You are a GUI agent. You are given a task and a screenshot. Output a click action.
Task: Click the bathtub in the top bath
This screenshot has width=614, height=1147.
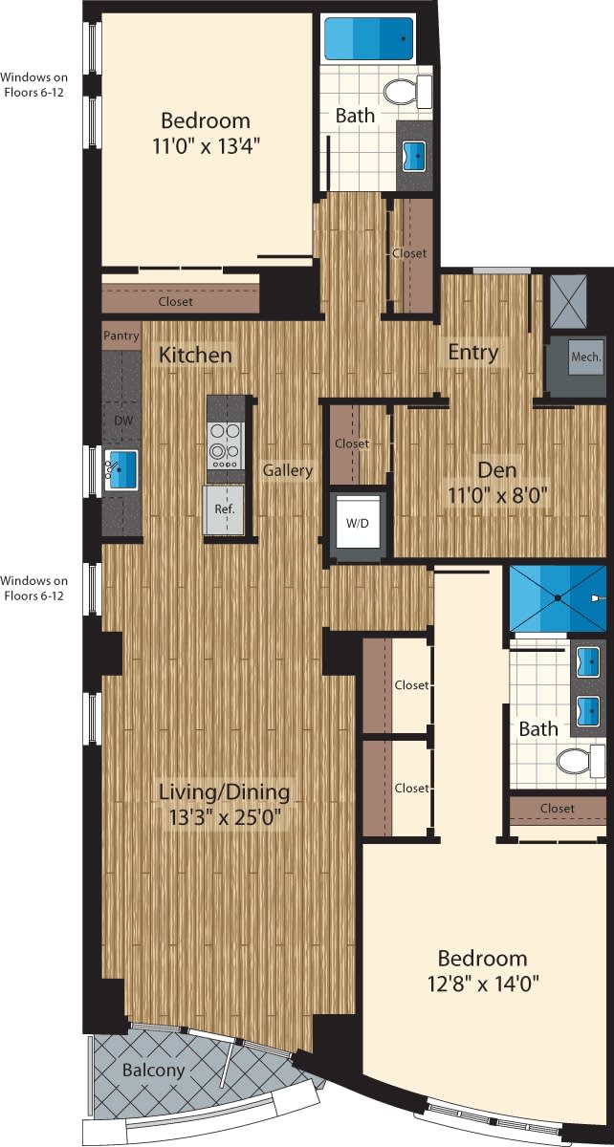(x=368, y=40)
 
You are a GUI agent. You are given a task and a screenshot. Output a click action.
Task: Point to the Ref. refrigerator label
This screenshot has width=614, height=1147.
(x=224, y=509)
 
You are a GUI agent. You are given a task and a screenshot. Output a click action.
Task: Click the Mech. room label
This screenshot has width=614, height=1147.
(x=585, y=357)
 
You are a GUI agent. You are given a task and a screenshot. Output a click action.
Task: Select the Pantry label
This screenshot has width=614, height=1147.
(x=121, y=335)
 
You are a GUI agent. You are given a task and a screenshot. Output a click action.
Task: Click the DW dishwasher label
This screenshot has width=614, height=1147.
(x=121, y=420)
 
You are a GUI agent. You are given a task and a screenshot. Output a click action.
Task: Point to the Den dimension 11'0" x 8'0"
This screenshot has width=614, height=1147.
(x=496, y=496)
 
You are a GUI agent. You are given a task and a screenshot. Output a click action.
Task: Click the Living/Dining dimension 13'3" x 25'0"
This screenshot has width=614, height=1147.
(x=224, y=817)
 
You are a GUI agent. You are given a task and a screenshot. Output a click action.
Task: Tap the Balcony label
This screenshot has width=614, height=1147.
(x=153, y=1070)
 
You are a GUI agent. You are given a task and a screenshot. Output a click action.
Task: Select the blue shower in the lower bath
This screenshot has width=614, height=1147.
(x=557, y=597)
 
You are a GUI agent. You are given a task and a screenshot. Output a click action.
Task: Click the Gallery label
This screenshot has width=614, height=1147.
(x=289, y=470)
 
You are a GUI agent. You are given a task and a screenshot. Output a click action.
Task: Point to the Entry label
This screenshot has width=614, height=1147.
(x=473, y=353)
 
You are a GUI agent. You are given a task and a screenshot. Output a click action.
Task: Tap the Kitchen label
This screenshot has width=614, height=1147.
(x=195, y=355)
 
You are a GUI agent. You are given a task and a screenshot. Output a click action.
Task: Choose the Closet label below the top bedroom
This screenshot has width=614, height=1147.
(x=175, y=301)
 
